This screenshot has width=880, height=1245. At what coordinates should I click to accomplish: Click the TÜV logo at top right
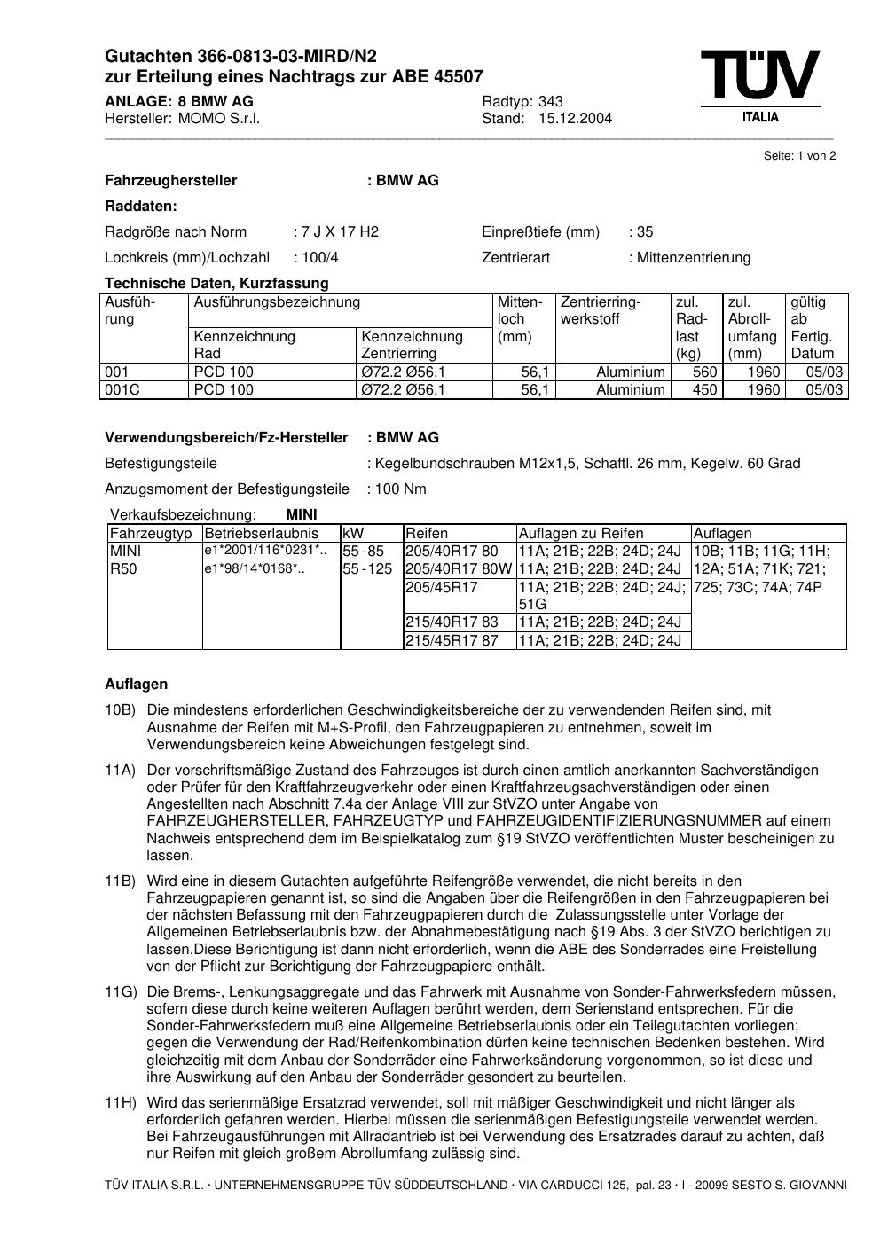click(759, 82)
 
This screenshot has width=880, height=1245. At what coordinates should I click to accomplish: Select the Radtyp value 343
click(550, 101)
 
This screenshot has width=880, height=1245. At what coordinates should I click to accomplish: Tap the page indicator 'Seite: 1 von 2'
click(799, 156)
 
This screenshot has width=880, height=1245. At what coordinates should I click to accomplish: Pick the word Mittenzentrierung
click(693, 258)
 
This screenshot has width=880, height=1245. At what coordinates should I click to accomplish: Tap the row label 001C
click(122, 390)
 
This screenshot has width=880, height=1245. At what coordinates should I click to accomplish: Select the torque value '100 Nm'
click(400, 489)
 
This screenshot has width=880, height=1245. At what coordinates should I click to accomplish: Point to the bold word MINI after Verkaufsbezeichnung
click(302, 515)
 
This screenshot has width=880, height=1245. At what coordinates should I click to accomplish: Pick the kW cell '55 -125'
click(366, 569)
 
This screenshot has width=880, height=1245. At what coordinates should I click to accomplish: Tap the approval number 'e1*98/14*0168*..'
click(255, 569)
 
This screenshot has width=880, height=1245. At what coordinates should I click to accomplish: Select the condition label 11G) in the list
click(121, 992)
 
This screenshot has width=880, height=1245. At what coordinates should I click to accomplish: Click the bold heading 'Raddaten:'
click(141, 207)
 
